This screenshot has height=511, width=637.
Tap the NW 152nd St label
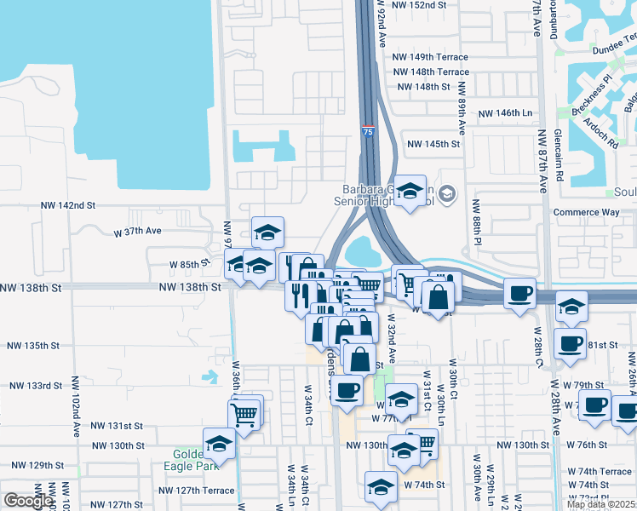click(x=420, y=5)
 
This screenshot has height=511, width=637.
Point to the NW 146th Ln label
click(x=505, y=113)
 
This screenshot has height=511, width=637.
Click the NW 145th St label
click(x=432, y=145)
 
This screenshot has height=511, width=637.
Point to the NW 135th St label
click(x=33, y=347)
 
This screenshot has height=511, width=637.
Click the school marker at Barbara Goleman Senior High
click(x=410, y=192)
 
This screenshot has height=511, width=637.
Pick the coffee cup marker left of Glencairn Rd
click(x=519, y=294)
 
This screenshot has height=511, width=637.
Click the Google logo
click(x=27, y=501)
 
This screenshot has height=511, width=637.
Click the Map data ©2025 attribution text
click(x=600, y=504)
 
